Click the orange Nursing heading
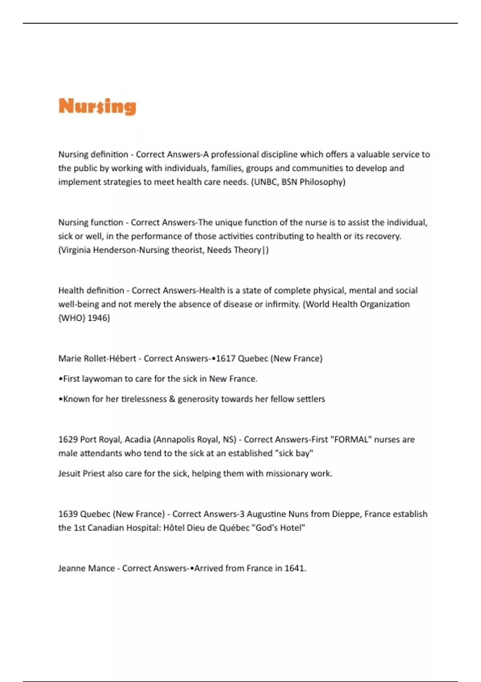tap(97, 106)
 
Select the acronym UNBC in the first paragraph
tap(265, 182)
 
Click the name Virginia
tap(76, 250)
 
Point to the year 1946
tap(98, 318)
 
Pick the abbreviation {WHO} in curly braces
tap(72, 318)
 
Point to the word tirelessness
tap(143, 399)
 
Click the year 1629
tap(68, 440)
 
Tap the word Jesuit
tap(69, 474)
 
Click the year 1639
tap(68, 514)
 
